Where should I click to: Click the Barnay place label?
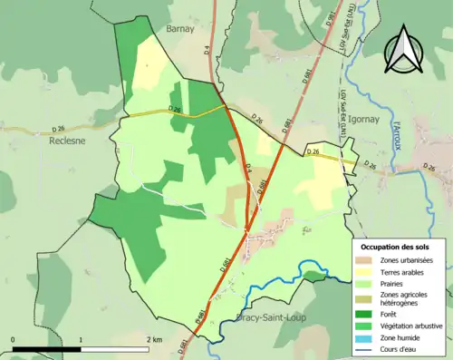click(x=181, y=30)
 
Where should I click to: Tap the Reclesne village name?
click(x=68, y=141)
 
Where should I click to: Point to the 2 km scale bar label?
click(x=154, y=339)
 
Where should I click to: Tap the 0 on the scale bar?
click(x=14, y=339)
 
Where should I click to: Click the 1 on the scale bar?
click(x=81, y=339)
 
